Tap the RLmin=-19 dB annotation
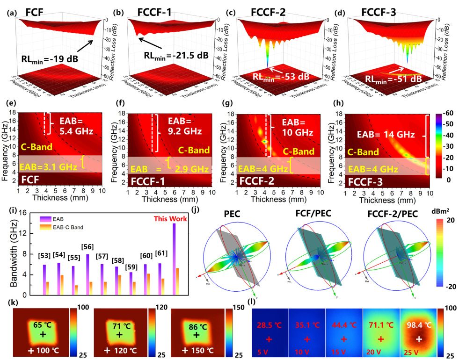point(50,59)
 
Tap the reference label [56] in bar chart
point(87,246)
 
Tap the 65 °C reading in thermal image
point(43,325)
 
